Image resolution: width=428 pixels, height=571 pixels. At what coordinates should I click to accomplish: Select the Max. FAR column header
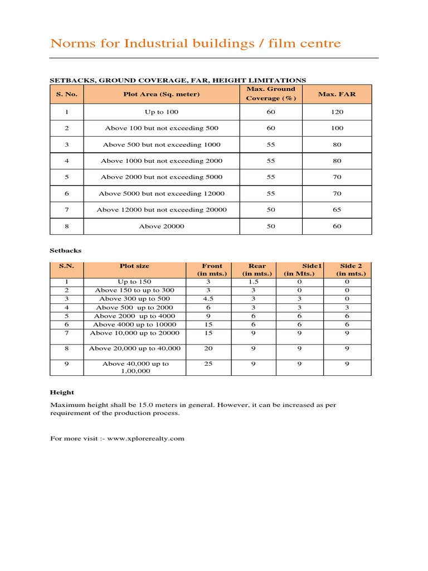[x=337, y=94]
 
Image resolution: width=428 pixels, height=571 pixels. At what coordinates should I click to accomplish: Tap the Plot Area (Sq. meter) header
[x=162, y=94]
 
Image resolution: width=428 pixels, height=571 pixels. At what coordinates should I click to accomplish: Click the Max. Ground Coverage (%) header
[x=271, y=94]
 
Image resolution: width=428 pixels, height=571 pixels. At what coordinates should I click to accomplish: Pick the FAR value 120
[x=337, y=112]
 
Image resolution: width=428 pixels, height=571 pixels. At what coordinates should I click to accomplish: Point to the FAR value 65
[x=337, y=210]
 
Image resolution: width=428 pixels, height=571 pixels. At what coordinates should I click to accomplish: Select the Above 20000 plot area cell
[x=162, y=226]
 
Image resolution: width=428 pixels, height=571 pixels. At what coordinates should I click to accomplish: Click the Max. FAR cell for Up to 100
[x=337, y=112]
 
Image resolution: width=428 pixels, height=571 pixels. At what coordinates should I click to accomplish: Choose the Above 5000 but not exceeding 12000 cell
[x=162, y=193]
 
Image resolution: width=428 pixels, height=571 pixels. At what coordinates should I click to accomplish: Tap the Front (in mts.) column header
[x=212, y=270]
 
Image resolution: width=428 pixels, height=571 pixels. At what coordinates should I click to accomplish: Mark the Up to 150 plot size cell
[x=134, y=282]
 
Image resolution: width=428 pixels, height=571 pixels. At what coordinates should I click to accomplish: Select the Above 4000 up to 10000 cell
[x=134, y=325]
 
